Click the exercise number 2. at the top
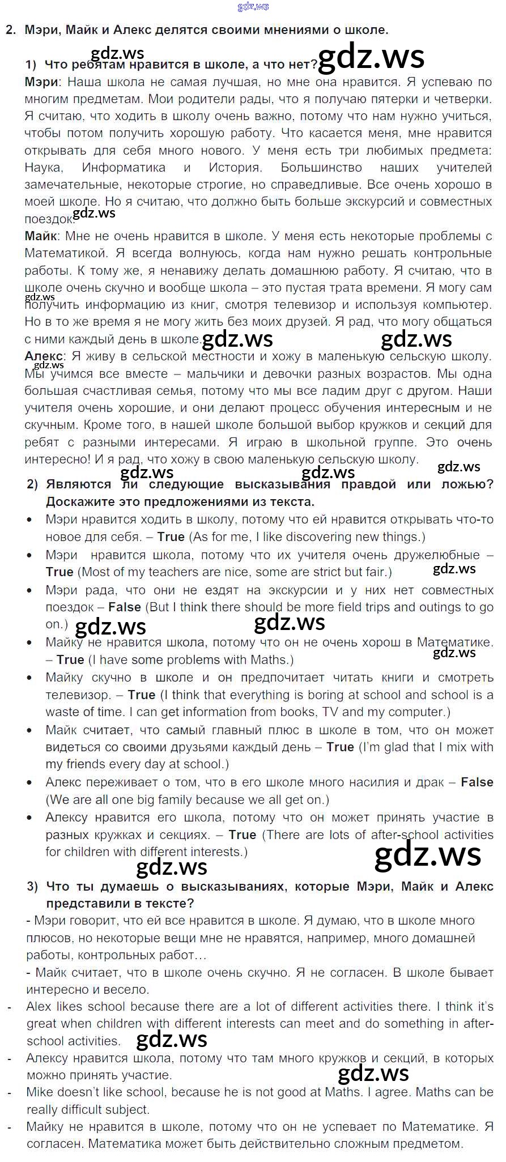11,31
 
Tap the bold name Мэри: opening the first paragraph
42,82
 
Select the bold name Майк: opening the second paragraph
42,236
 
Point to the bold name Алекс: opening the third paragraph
45,356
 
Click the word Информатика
124,168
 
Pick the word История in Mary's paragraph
235,168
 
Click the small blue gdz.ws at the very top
253,7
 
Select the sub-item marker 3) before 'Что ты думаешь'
33,886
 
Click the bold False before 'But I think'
125,607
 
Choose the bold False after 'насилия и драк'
477,782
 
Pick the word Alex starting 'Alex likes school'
39,1006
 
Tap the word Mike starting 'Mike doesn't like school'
40,1092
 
